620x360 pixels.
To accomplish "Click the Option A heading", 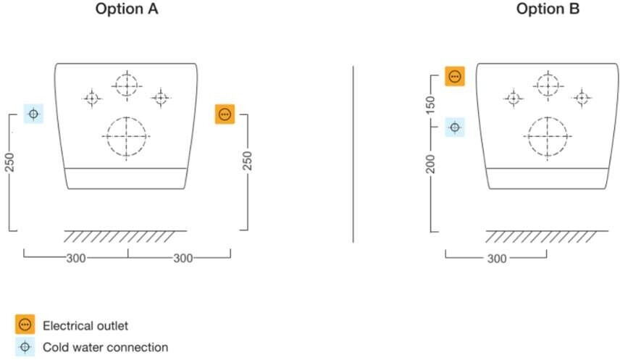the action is pos(127,9).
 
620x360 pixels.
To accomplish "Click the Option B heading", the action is pos(548,9).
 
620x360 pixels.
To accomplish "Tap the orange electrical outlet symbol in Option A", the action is pos(225,114).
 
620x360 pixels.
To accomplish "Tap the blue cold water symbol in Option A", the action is pos(33,114).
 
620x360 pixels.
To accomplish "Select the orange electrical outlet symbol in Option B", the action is pos(455,76).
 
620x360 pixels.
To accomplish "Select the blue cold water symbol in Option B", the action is pos(455,127).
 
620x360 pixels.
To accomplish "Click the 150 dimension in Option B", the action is pos(431,105).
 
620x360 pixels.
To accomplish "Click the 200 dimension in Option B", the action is pos(431,164).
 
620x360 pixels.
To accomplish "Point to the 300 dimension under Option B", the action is pos(497,259).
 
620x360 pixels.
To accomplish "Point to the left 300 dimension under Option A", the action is pos(76,259).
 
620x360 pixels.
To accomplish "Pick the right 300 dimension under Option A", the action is pos(183,259).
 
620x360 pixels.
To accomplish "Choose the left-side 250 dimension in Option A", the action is pos(10,162).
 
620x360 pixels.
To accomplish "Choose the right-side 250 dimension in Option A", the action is pos(247,161).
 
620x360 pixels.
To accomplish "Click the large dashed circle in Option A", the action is pos(127,117).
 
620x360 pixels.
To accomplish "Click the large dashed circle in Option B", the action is pos(548,117).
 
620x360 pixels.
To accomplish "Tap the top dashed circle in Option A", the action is pos(127,74).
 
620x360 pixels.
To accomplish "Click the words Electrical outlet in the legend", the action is pos(85,326).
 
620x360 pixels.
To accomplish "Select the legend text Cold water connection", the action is pos(106,348).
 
